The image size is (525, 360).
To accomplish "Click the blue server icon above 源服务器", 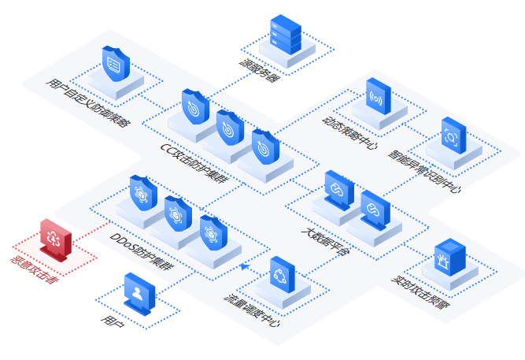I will [x=285, y=34].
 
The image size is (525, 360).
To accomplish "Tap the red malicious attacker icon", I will [x=54, y=239].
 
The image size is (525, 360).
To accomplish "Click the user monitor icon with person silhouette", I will [x=139, y=294].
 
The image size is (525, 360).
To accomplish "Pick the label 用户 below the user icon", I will [x=109, y=320].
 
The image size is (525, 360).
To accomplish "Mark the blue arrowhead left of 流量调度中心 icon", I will [x=244, y=266].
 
